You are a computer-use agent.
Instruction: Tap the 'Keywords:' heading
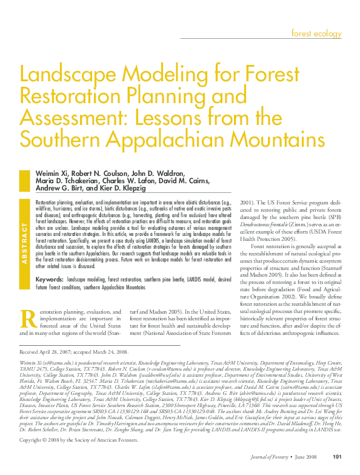click(x=50, y=280)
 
